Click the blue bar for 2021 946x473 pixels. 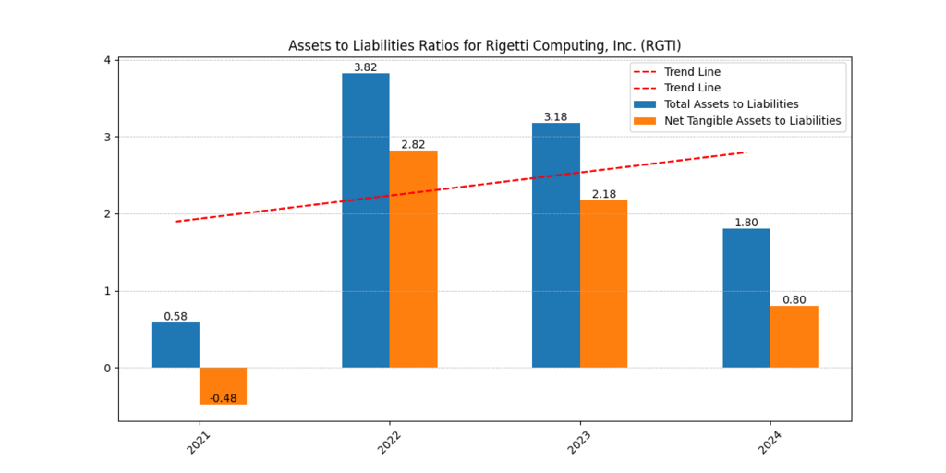176,345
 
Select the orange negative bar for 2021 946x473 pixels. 223,385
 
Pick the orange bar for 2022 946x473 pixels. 413,259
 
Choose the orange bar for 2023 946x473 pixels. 603,284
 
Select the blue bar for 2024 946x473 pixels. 746,297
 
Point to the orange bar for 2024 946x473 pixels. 794,336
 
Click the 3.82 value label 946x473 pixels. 366,67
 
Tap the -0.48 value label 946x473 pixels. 223,398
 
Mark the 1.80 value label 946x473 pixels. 746,223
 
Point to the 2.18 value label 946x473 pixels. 603,194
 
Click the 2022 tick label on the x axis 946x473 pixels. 389,442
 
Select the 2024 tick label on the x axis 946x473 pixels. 770,442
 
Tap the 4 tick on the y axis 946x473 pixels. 107,60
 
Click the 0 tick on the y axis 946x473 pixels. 107,368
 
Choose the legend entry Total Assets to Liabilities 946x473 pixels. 731,104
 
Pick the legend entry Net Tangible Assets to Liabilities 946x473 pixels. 752,120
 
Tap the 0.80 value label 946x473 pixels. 794,300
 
